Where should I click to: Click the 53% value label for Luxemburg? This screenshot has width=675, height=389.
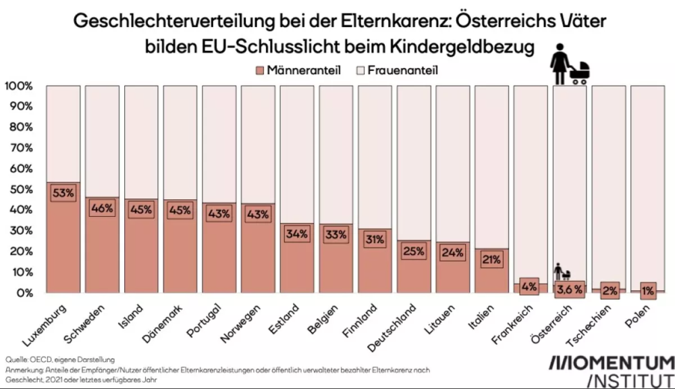point(63,193)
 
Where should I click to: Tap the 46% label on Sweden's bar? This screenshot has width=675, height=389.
point(102,208)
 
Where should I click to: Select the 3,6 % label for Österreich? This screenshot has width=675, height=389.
point(569,290)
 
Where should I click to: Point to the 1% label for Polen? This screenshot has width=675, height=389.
point(647,290)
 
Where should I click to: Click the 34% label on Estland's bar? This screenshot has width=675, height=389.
point(296,234)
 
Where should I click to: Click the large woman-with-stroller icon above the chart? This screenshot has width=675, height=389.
point(567,63)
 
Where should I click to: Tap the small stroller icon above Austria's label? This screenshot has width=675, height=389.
point(562,272)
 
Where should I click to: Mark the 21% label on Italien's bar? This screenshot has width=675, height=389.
point(491,259)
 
